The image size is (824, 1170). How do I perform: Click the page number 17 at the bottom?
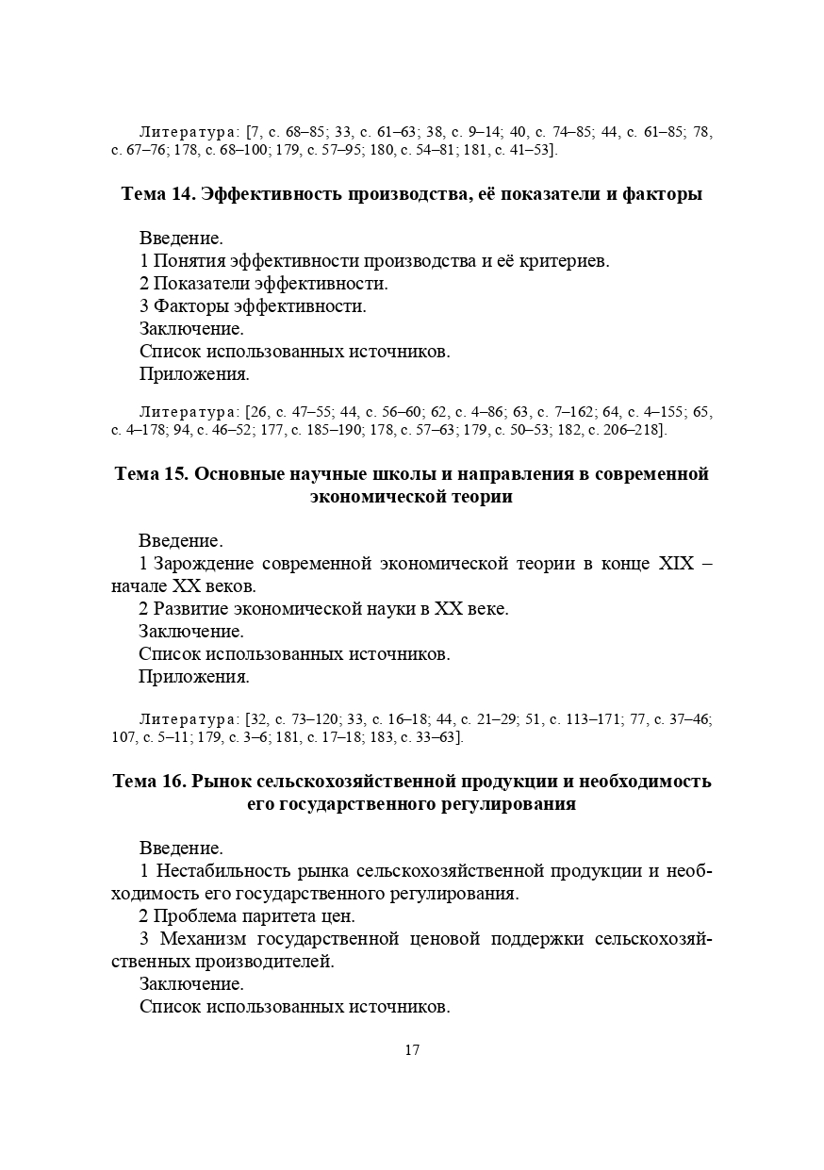(x=412, y=1050)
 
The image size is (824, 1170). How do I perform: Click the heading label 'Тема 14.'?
(x=157, y=194)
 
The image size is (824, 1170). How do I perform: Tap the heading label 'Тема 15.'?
(x=151, y=473)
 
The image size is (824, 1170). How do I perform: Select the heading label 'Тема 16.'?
(x=148, y=781)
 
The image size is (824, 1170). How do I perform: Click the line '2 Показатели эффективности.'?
(x=263, y=283)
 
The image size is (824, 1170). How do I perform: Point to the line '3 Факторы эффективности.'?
(x=253, y=305)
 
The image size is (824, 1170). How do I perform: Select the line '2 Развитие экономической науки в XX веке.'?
(x=323, y=609)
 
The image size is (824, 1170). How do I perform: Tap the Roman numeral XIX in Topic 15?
(x=675, y=564)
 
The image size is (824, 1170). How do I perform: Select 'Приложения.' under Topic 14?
(x=194, y=374)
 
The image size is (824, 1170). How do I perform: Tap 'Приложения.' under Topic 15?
(x=193, y=677)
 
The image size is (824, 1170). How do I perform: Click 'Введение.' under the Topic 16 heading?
(x=181, y=848)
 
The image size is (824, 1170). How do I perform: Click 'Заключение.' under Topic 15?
(x=190, y=632)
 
